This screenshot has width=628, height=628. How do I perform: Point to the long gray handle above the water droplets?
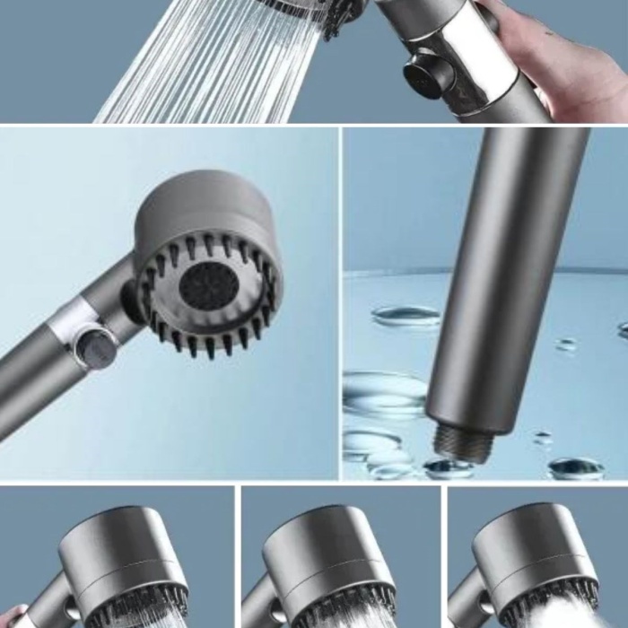click(x=507, y=269)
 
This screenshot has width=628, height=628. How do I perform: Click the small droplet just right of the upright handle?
click(x=567, y=344)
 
